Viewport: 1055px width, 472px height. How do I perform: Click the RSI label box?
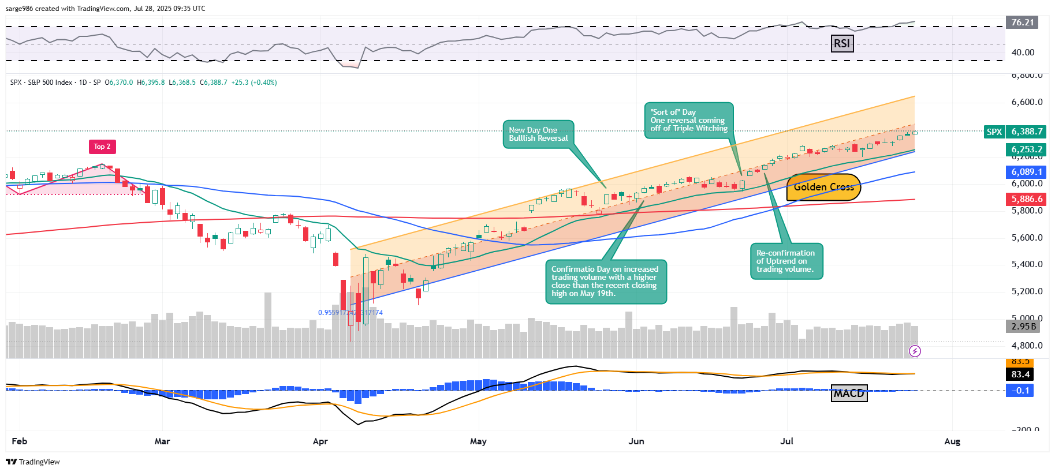pos(842,43)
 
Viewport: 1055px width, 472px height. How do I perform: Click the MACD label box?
pos(849,393)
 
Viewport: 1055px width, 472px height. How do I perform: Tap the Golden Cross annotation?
pos(823,187)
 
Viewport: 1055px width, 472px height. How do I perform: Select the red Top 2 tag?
pos(102,147)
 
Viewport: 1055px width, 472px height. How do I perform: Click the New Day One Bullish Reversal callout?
pos(538,134)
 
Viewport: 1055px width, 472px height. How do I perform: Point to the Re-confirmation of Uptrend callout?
pos(786,261)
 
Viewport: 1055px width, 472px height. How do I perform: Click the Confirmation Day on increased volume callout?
pos(605,282)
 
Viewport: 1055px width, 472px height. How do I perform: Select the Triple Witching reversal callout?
pos(688,121)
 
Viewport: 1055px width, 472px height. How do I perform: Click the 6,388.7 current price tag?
pos(1027,132)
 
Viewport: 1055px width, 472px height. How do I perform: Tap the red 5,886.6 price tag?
pos(1027,199)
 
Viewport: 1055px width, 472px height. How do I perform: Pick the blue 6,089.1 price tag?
pos(1027,172)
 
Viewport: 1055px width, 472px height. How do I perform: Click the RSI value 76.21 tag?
pos(1022,23)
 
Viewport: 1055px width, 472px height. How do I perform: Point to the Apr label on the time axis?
pos(320,441)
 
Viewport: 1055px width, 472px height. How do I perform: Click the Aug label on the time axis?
pos(952,441)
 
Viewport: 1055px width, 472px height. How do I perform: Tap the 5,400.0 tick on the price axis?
pos(1027,264)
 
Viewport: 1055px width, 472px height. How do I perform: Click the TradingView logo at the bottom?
pos(33,462)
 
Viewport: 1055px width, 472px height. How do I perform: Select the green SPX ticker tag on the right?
pos(994,132)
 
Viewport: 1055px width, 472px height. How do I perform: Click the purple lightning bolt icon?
pos(915,351)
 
